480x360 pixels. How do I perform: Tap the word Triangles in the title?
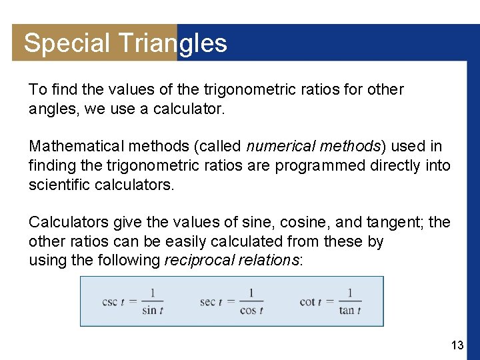click(173, 43)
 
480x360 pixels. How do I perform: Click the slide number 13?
click(457, 345)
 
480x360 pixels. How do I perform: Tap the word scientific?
click(58, 183)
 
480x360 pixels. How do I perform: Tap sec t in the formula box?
click(211, 302)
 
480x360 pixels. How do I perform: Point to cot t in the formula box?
click(311, 302)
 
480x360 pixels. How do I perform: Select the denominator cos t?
click(251, 310)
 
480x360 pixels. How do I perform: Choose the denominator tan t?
click(349, 310)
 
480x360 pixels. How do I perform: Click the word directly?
click(389, 165)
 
